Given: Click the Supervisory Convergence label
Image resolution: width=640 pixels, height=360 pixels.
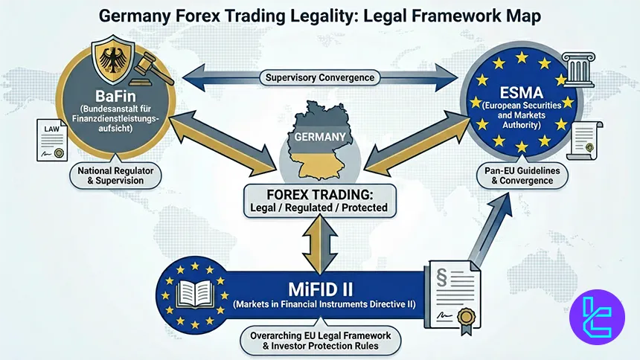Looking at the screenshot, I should [321, 77].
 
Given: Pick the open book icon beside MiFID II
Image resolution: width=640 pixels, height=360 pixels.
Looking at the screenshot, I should [195, 296].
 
